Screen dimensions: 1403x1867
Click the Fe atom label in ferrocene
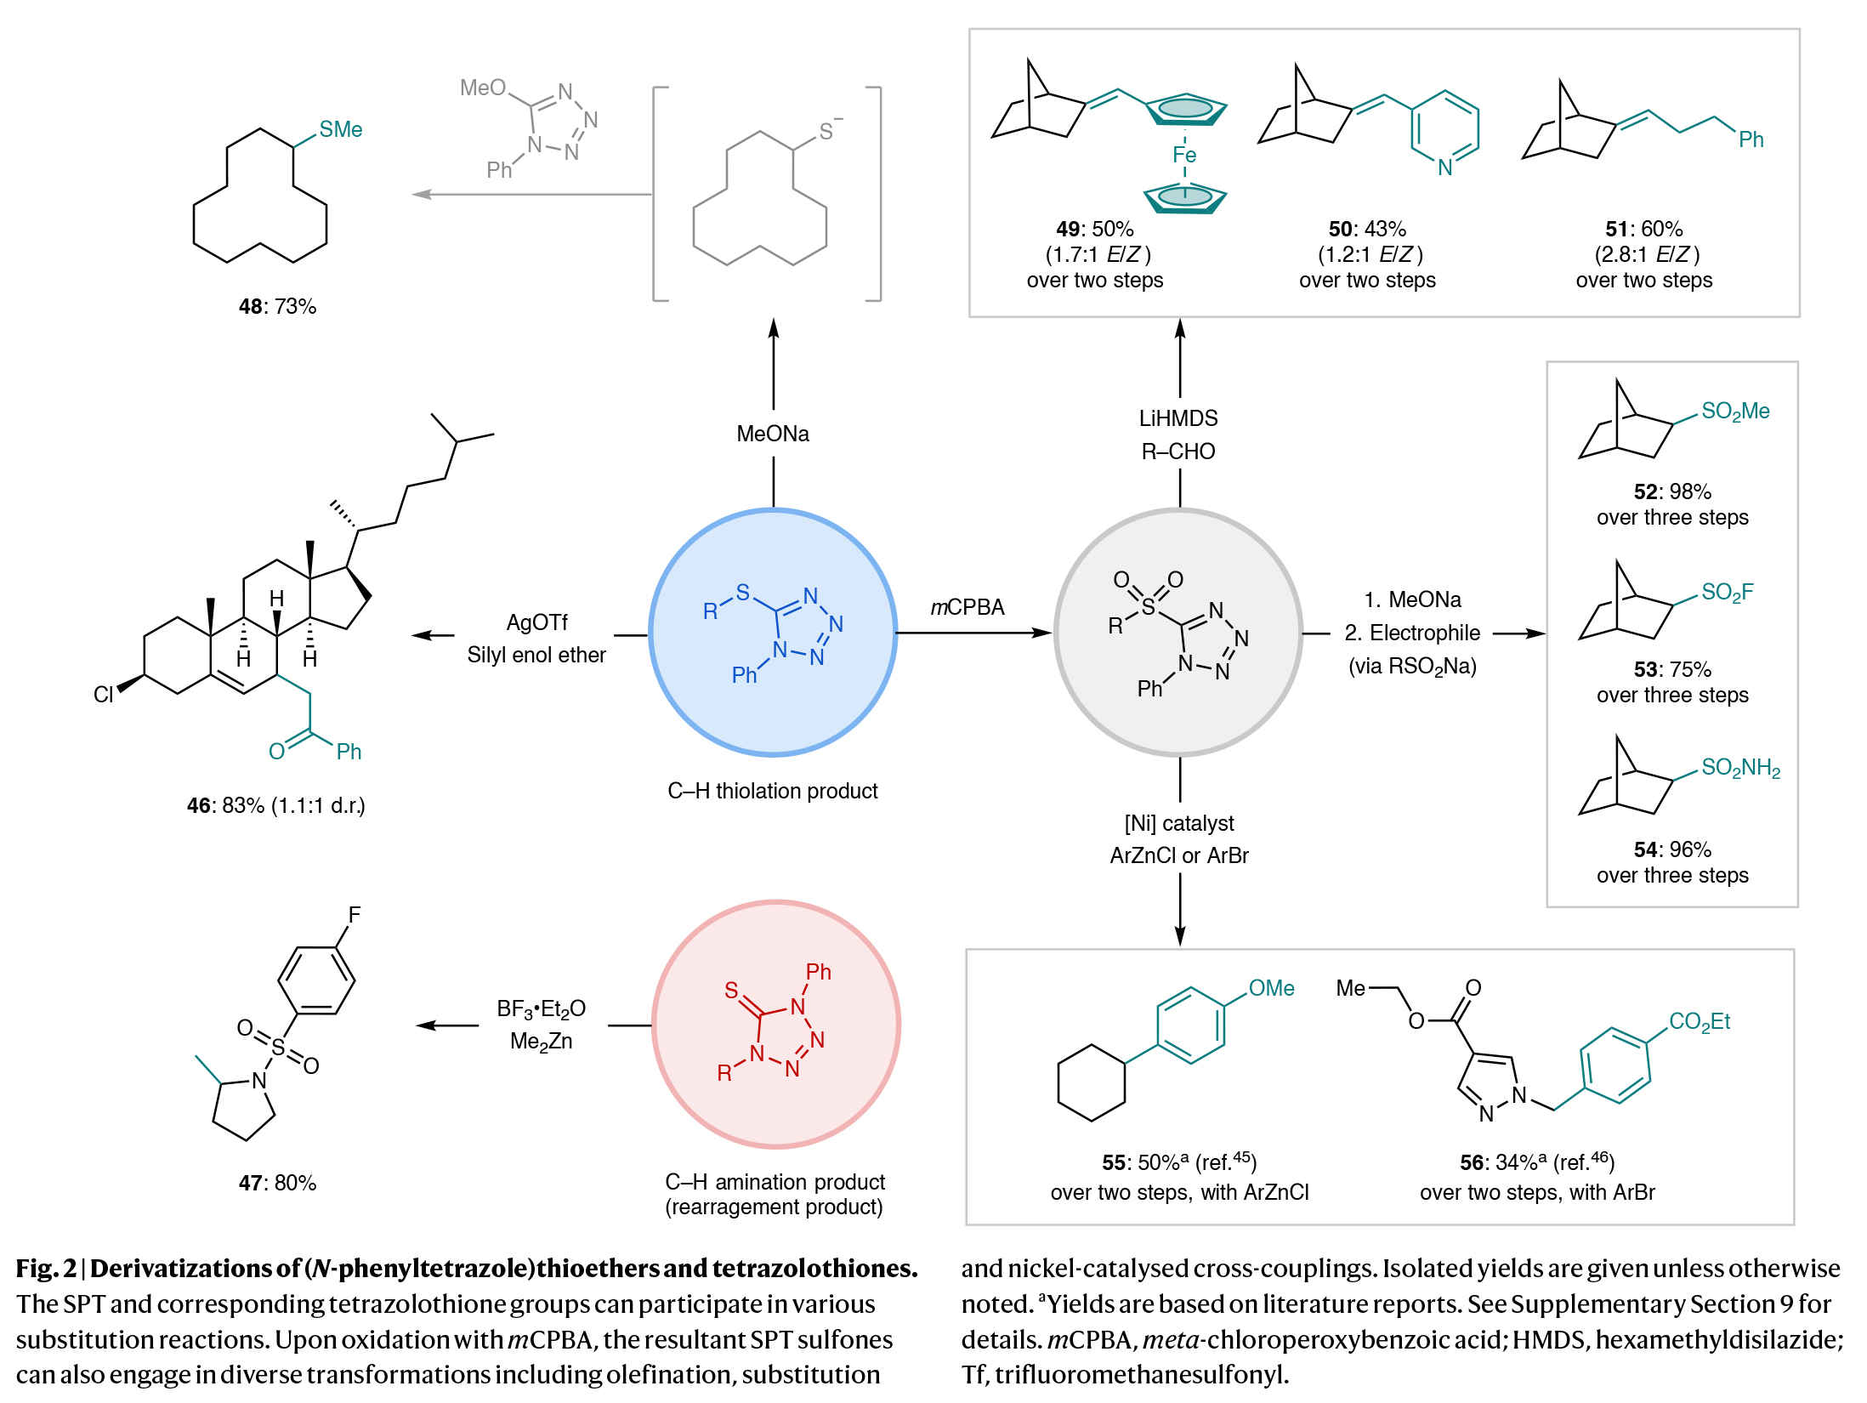point(1183,155)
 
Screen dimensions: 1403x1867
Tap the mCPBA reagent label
point(967,607)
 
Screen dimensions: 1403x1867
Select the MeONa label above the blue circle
point(772,434)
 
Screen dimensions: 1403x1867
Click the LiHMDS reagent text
point(1178,418)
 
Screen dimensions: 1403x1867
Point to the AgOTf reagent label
point(536,622)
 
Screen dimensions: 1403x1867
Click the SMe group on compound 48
point(340,129)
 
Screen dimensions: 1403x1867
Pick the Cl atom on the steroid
point(103,695)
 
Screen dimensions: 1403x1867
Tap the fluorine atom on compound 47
point(354,915)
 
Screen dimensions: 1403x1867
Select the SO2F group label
point(1727,592)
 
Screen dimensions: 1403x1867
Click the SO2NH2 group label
point(1740,768)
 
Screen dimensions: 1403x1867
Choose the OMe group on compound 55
point(1271,988)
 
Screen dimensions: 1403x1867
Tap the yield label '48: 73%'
point(277,306)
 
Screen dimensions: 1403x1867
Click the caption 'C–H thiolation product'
point(772,791)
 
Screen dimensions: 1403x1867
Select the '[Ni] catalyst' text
point(1178,823)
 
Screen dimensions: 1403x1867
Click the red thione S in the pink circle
point(731,990)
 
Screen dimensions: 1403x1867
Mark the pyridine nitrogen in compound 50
point(1444,168)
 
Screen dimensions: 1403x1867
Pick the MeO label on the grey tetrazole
point(482,88)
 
